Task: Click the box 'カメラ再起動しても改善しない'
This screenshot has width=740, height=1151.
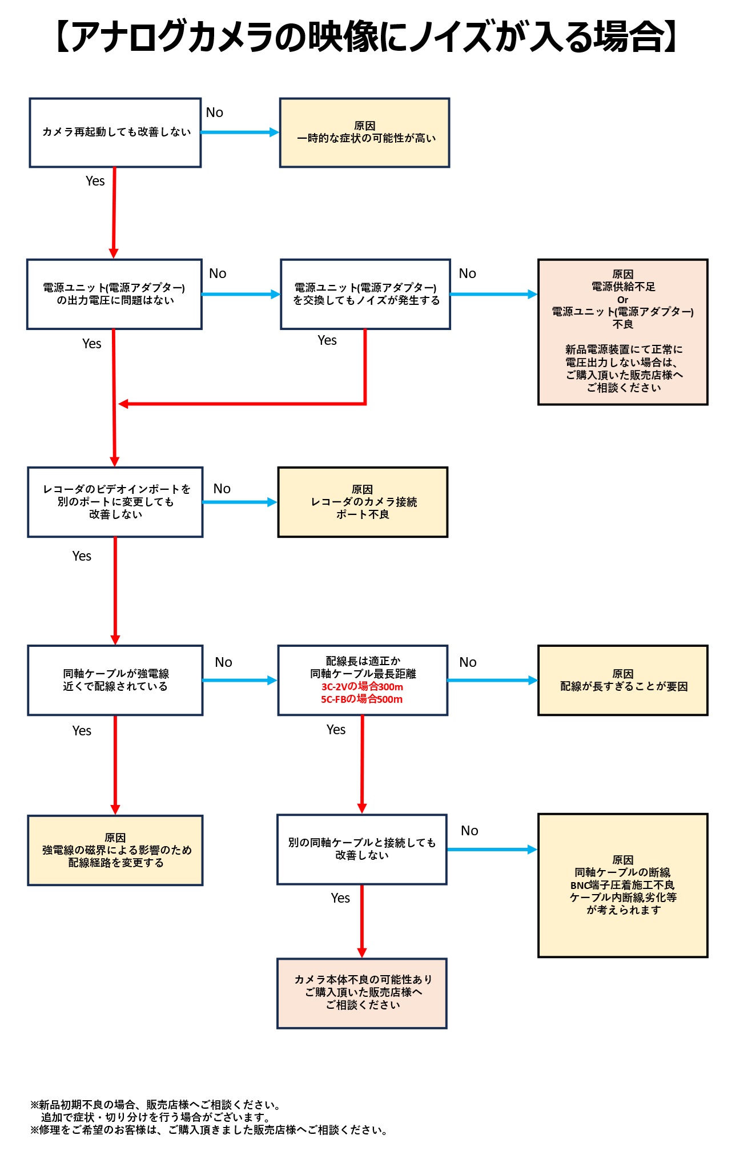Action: pos(115,132)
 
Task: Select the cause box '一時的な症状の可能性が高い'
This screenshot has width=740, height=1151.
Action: pos(364,132)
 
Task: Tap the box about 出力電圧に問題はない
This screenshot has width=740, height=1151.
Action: pos(114,294)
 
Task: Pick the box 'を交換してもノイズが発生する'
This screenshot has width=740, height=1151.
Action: pos(365,294)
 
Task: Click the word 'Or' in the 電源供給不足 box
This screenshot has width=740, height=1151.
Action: pos(622,300)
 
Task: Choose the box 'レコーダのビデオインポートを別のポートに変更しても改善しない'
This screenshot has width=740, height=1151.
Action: pos(115,502)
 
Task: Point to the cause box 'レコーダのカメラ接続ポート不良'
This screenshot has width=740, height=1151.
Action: pos(363,502)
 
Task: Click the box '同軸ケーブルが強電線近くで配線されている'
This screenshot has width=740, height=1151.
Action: pos(115,680)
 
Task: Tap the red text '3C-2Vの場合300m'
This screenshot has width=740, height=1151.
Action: pos(362,687)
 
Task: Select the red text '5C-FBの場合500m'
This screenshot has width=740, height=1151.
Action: pos(362,699)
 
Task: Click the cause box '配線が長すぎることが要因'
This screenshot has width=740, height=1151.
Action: pos(623,680)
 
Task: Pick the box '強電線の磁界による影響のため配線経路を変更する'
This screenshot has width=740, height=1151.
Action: pos(115,850)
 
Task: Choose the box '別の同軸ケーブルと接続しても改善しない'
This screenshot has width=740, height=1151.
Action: pos(362,849)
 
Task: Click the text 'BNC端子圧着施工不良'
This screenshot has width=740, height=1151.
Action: pos(623,885)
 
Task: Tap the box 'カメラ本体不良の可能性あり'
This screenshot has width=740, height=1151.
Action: pos(362,993)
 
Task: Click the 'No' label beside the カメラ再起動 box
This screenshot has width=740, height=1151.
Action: pos(215,112)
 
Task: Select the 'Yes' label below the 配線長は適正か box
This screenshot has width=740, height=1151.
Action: pos(336,730)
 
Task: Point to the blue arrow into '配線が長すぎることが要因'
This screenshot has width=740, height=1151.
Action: pos(492,680)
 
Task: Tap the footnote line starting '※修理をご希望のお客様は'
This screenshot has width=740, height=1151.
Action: pos(209,1130)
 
